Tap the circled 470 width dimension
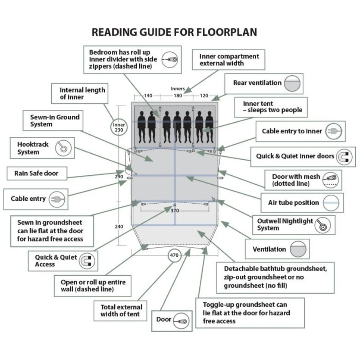(x=174, y=255)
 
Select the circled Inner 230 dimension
(x=119, y=127)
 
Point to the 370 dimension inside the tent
(x=174, y=211)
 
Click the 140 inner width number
(x=148, y=96)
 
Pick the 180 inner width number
(x=178, y=96)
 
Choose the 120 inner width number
(x=204, y=96)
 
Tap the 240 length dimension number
(x=119, y=227)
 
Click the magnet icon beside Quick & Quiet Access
(x=87, y=261)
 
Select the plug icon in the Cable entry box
(x=57, y=199)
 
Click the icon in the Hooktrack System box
(x=63, y=148)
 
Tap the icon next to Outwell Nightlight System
(x=323, y=225)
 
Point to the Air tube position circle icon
(x=331, y=203)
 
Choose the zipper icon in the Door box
(x=181, y=321)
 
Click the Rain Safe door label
(x=37, y=173)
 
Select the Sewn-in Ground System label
(x=55, y=121)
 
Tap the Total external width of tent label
(x=121, y=310)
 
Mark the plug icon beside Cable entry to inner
(x=334, y=131)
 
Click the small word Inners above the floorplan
(x=178, y=89)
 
